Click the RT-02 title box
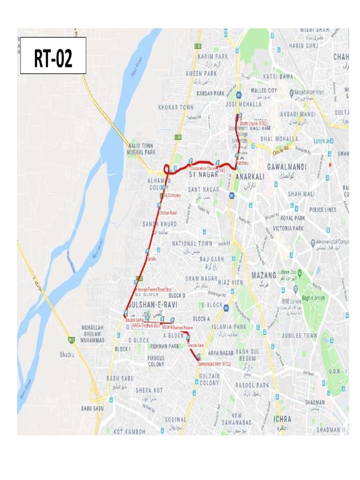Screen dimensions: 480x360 coord(53,56)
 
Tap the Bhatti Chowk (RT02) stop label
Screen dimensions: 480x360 coord(254,123)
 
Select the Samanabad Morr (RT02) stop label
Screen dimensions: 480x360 coord(214,363)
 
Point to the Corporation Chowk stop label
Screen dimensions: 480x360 coord(203,168)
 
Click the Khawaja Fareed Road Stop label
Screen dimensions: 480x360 coord(153,289)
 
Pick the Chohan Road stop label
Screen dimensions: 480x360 coord(167,213)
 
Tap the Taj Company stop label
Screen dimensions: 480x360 coord(172,195)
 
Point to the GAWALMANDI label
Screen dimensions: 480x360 coord(286,167)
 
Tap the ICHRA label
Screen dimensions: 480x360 coord(282,419)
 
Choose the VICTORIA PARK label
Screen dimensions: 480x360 coord(289,228)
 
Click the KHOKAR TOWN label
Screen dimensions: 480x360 coord(176,107)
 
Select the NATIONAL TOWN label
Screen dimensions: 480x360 coord(192,244)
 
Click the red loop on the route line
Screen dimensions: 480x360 coord(166,169)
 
